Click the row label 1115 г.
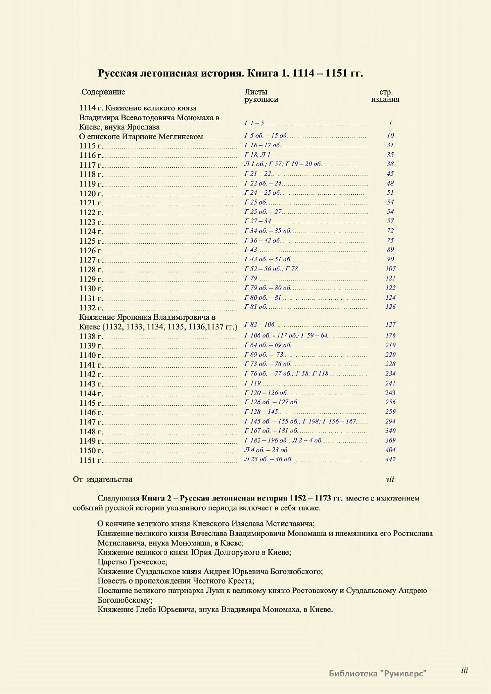90,146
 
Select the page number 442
390,459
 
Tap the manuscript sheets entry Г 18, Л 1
257,155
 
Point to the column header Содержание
103,92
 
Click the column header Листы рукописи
261,95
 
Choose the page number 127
390,324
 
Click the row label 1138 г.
90,337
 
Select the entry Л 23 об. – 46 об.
268,459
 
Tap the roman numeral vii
390,479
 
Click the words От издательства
103,479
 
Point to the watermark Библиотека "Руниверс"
378,673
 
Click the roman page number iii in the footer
464,670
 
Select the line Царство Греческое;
132,562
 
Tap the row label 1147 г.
90,422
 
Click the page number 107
390,269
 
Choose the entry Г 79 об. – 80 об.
268,288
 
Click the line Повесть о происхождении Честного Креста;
176,581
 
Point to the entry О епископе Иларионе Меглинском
141,137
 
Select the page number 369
390,440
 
